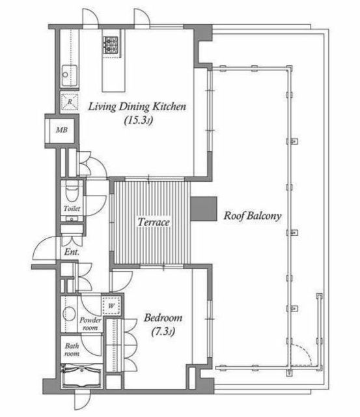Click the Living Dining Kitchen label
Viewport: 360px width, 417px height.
pyautogui.click(x=137, y=107)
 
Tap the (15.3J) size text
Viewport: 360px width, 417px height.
pyautogui.click(x=139, y=121)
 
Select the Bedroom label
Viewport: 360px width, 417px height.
pyautogui.click(x=163, y=318)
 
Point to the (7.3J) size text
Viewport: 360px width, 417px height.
pyautogui.click(x=163, y=332)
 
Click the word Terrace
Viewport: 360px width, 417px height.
pyautogui.click(x=154, y=222)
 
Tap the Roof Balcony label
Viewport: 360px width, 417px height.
pyautogui.click(x=253, y=216)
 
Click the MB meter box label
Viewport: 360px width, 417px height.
pyautogui.click(x=62, y=130)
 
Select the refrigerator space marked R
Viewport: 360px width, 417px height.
pyautogui.click(x=70, y=102)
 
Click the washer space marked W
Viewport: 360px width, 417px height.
pyautogui.click(x=111, y=306)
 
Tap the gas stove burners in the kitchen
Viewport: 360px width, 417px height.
pyautogui.click(x=111, y=45)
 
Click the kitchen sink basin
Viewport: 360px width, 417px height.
pyautogui.click(x=70, y=76)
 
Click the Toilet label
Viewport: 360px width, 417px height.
pyautogui.click(x=72, y=208)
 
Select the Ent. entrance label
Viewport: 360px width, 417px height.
pyautogui.click(x=72, y=252)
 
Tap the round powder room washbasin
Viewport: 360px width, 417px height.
pyautogui.click(x=69, y=314)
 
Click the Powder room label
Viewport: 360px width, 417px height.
pyautogui.click(x=90, y=324)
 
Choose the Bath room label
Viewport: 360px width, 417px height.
pyautogui.click(x=72, y=349)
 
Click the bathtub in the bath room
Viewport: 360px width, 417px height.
pyautogui.click(x=81, y=376)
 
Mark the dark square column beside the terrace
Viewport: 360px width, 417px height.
pyautogui.click(x=204, y=208)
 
